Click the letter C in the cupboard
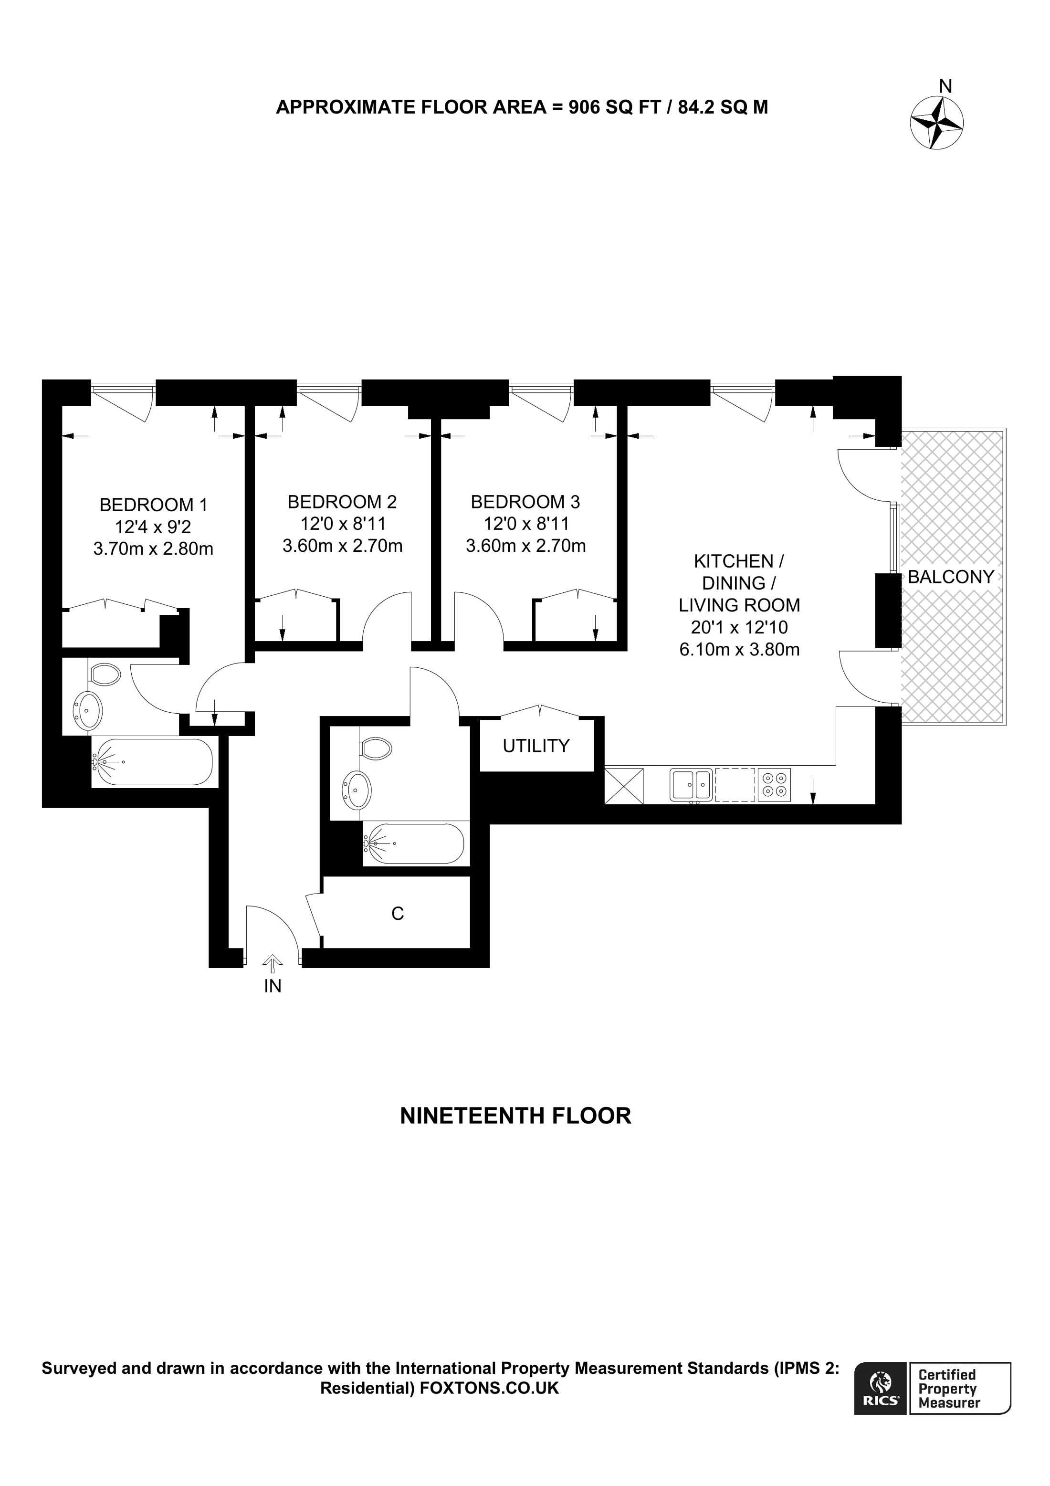398,913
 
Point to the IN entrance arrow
273,964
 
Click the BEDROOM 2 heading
342,502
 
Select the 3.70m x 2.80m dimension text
153,549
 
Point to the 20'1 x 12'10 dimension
738,627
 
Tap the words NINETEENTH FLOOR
515,1116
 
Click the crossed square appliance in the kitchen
624,786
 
